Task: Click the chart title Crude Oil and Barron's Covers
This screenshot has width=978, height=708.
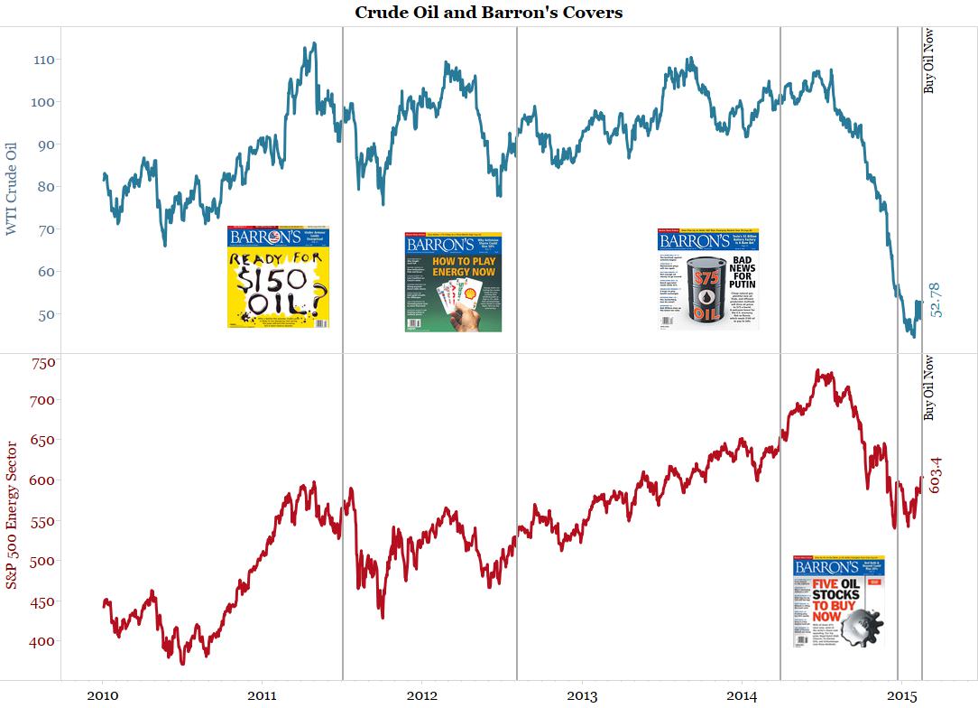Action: coord(488,13)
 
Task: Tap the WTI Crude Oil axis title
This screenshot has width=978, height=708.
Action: coord(12,189)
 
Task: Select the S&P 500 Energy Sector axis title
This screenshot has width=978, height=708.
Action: coord(12,515)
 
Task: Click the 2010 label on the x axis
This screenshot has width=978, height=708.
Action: coord(101,695)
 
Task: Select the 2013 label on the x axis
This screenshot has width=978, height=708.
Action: coord(582,695)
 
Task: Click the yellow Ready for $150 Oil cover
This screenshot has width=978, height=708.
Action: coord(278,276)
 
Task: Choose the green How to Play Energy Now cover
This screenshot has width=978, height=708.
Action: coord(453,282)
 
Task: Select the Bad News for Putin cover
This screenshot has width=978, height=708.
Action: coord(708,278)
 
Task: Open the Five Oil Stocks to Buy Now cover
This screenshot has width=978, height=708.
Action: coord(838,601)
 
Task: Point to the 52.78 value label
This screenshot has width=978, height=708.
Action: coord(935,300)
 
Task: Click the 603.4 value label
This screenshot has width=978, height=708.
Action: coord(935,474)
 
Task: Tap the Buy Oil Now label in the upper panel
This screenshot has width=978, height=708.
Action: coord(929,61)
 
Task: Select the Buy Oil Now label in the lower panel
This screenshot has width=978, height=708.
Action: coord(929,388)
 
